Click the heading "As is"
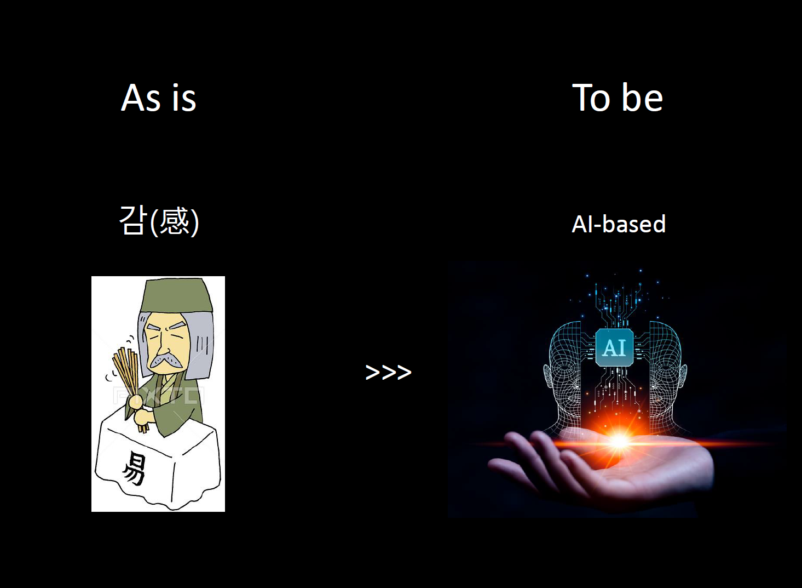click(x=158, y=98)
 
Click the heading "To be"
click(x=617, y=98)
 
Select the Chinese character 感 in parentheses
click(x=175, y=221)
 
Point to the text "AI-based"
click(x=618, y=224)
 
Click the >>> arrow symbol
click(x=388, y=372)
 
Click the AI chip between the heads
click(x=614, y=347)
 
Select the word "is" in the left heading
click(x=184, y=98)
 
